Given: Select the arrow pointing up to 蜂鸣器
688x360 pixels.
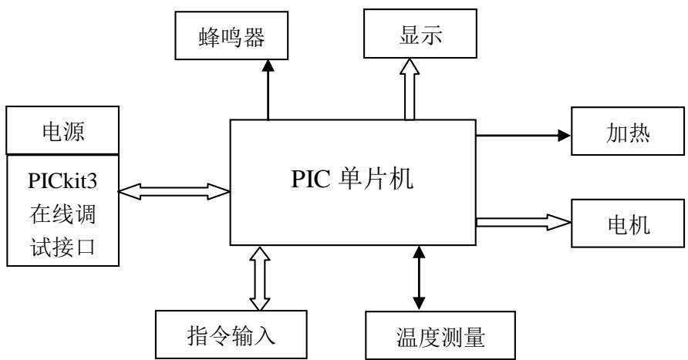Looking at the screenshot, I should [268, 91].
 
